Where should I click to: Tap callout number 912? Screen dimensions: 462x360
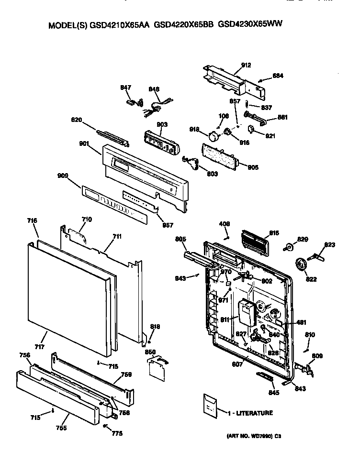pos(246,65)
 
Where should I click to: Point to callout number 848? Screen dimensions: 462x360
pos(154,89)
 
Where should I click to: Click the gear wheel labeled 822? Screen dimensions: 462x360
pos(302,264)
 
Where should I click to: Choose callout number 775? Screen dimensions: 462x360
pos(117,433)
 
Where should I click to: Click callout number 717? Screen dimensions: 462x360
pos(39,346)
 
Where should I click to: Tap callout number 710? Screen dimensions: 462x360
pos(86,219)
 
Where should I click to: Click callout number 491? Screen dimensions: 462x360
pos(302,322)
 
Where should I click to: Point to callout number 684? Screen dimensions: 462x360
pos(278,76)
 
